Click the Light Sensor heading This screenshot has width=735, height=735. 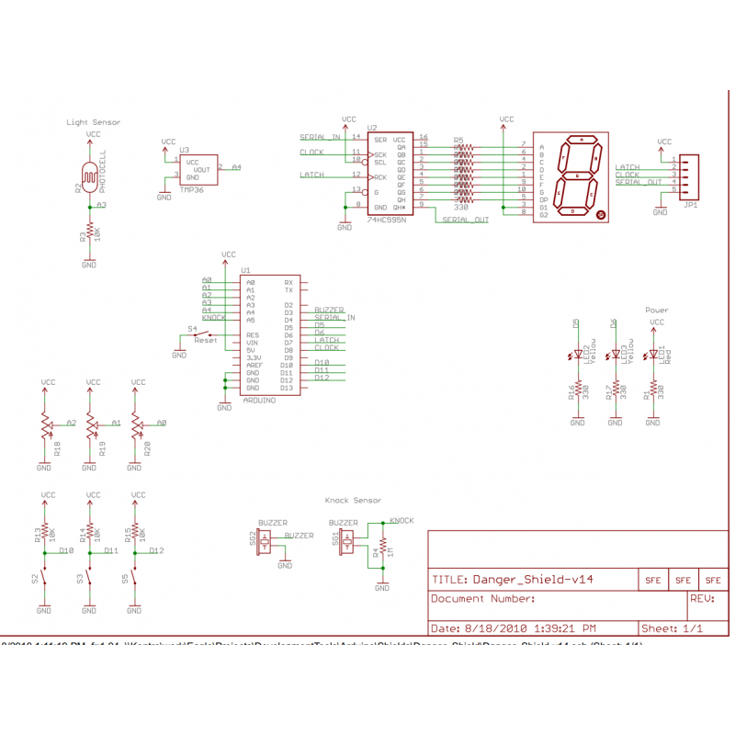(x=93, y=121)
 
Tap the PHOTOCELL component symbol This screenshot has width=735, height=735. (x=89, y=174)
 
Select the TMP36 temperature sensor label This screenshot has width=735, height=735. (x=191, y=188)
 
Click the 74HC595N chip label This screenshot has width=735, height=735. (x=387, y=220)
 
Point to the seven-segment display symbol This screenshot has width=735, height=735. (x=572, y=175)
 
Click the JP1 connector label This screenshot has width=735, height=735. (x=690, y=206)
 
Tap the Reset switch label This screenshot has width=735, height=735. (x=206, y=340)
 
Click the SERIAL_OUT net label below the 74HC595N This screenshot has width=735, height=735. (x=466, y=220)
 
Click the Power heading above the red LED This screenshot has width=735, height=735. (x=657, y=311)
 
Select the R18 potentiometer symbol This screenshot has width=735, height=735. (x=44, y=424)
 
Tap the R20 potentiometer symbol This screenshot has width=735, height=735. (x=135, y=424)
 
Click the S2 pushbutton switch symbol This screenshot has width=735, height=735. (x=44, y=579)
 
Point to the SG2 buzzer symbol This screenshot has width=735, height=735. (x=266, y=541)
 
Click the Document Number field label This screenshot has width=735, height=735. (x=483, y=599)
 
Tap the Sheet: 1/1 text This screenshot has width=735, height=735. (x=672, y=628)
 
